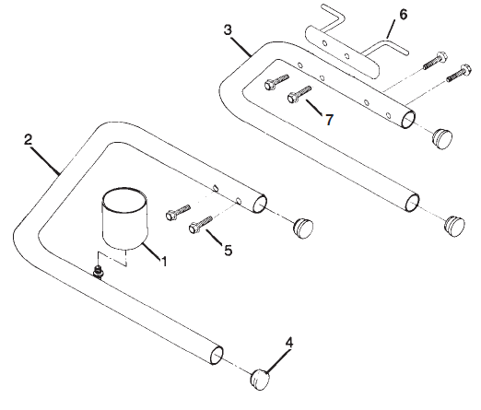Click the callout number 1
164,262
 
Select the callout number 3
229,29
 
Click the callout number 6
402,16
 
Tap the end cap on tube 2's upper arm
301,225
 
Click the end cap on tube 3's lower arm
454,223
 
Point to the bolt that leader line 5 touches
200,223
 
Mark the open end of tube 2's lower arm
217,352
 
